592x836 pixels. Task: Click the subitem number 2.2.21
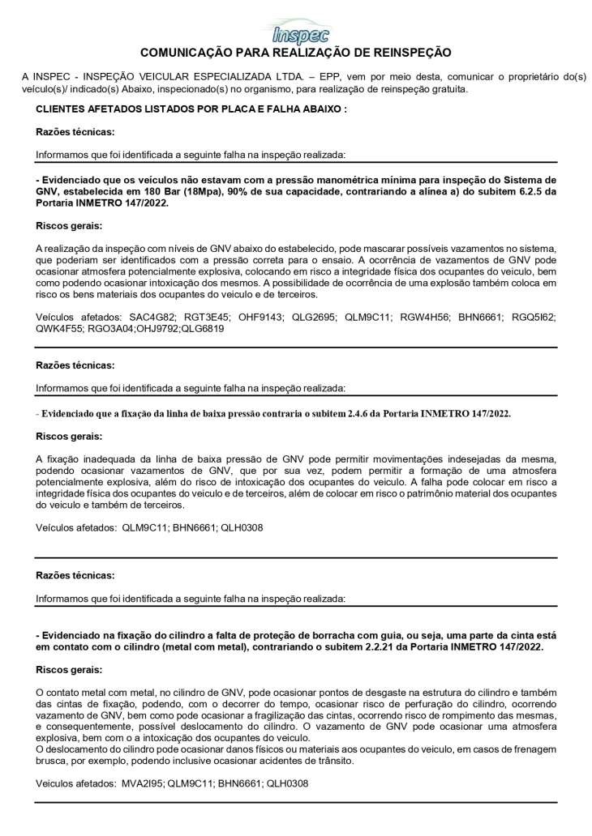click(384, 649)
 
